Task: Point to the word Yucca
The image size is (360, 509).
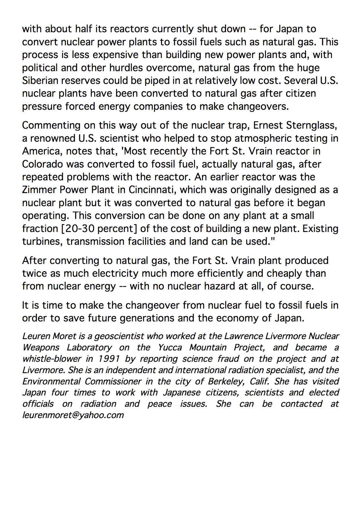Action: coord(170,348)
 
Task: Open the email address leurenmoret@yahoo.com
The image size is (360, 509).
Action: coord(73,415)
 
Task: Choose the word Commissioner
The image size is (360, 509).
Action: coord(113,381)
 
